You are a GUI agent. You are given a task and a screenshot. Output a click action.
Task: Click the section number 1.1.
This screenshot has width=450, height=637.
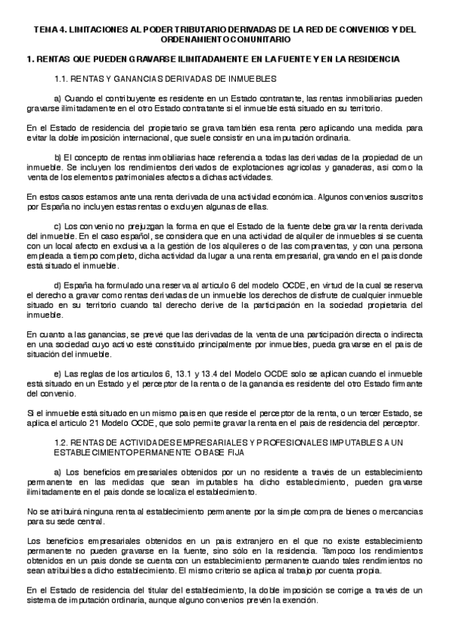[64, 78]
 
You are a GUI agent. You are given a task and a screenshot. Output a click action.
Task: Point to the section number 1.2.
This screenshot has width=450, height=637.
[64, 442]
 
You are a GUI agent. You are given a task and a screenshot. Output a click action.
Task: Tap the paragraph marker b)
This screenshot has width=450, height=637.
[59, 155]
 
